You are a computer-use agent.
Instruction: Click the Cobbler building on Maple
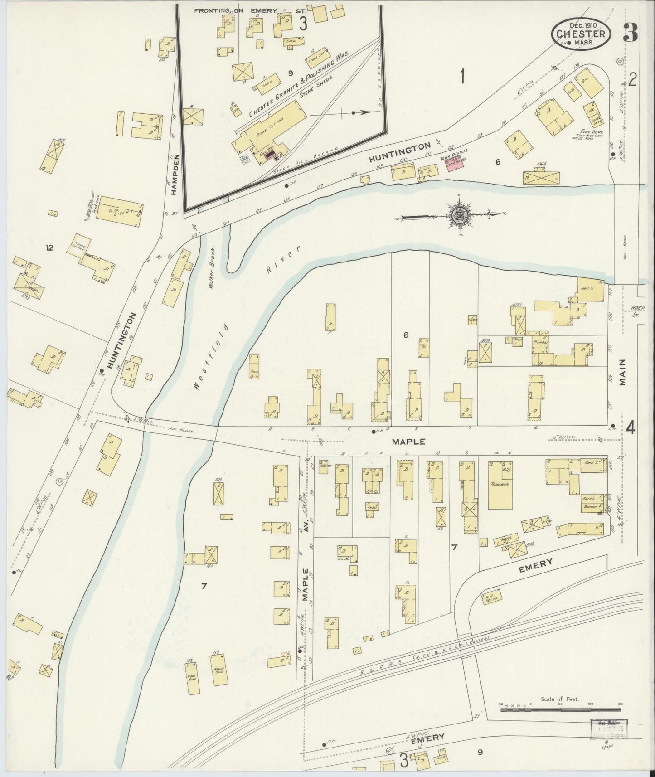pos(323,467)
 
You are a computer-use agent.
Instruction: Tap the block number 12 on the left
pos(49,248)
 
